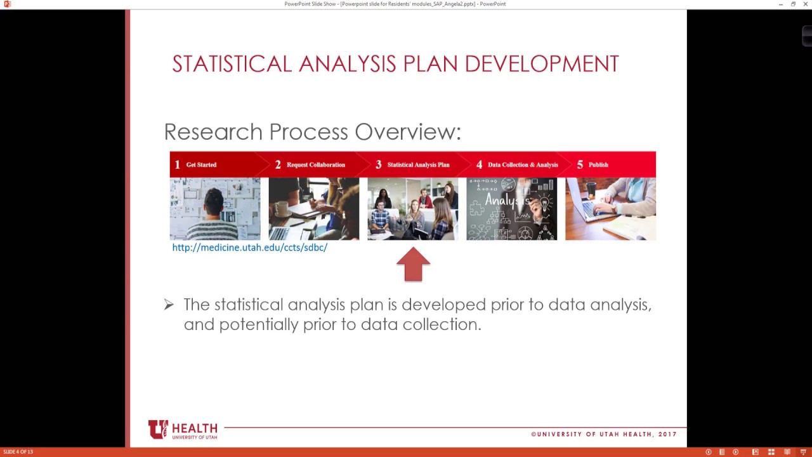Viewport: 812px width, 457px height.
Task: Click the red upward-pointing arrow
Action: pos(413,265)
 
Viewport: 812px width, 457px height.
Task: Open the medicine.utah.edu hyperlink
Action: pos(249,248)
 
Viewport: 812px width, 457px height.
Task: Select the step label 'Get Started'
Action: pos(201,165)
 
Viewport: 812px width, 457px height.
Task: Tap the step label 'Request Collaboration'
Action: pos(315,165)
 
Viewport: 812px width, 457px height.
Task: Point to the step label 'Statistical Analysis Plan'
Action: pos(418,165)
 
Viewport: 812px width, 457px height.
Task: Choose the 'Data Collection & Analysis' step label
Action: pos(523,165)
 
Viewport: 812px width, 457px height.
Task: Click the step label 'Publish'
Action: pos(598,165)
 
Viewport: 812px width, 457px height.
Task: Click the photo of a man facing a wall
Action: pos(215,209)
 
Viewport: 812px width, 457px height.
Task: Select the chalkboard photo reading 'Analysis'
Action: pos(511,209)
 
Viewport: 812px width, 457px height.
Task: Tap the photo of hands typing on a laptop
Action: pos(610,209)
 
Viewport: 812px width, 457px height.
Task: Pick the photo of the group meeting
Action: pos(412,209)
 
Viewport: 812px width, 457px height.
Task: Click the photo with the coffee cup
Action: pos(313,209)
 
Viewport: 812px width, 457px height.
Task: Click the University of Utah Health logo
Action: pos(183,430)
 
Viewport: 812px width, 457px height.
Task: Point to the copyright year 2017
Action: pos(667,434)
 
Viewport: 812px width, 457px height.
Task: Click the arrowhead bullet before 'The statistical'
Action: pos(169,305)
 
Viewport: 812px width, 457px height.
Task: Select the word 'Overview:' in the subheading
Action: pos(407,132)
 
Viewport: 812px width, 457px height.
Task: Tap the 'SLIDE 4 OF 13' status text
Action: pos(18,452)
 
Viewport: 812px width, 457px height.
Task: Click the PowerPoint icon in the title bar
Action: pos(7,4)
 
